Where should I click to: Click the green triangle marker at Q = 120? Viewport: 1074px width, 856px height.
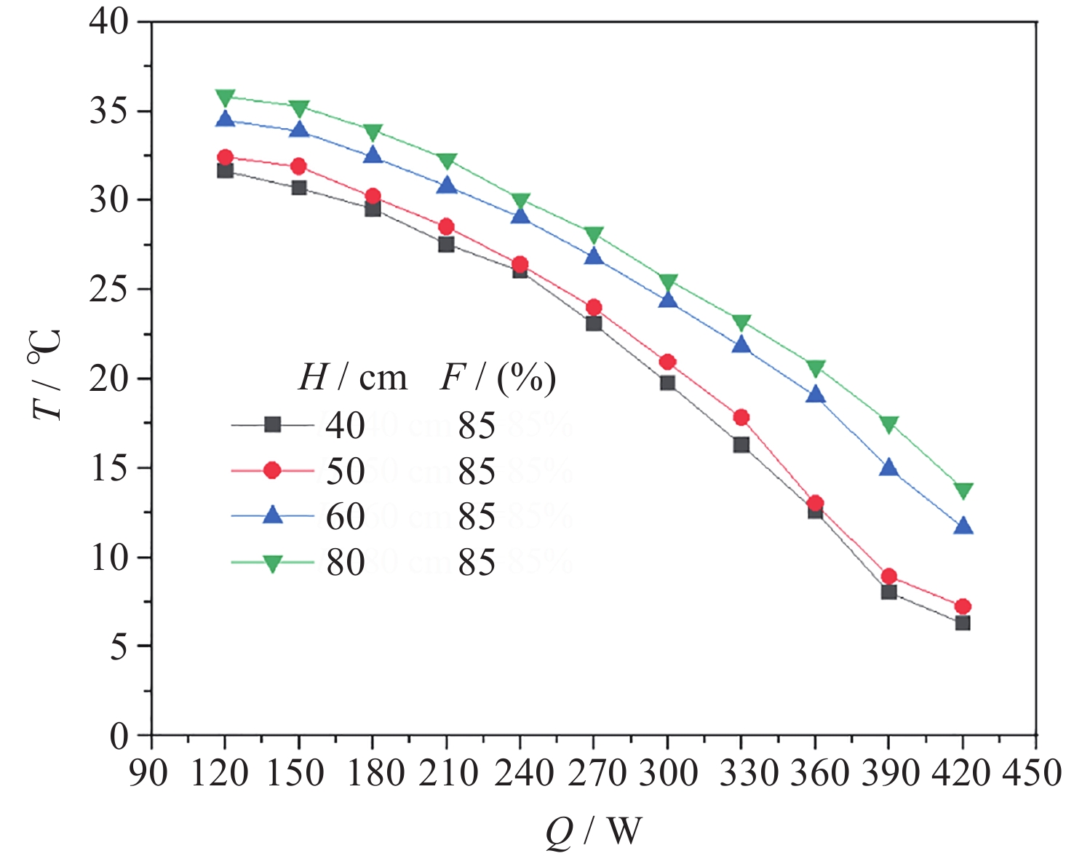[225, 97]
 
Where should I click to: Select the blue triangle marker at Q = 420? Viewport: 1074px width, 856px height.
[963, 526]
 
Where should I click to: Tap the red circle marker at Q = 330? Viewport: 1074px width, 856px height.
[741, 417]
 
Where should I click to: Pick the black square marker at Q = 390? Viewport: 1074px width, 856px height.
[888, 592]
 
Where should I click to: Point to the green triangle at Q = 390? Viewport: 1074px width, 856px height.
[888, 424]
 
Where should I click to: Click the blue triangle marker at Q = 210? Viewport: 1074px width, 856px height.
[446, 186]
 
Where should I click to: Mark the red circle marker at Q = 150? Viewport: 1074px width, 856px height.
[298, 167]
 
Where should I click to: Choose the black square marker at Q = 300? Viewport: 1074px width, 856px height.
[667, 383]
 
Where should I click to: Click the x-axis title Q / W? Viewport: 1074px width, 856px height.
[594, 831]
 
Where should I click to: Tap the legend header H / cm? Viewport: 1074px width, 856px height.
[353, 378]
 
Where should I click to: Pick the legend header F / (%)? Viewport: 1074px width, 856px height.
[498, 378]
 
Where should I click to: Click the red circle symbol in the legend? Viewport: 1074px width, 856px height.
[272, 471]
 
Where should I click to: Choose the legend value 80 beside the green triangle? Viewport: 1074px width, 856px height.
[345, 563]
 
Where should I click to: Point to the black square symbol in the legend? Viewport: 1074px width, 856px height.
[272, 424]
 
